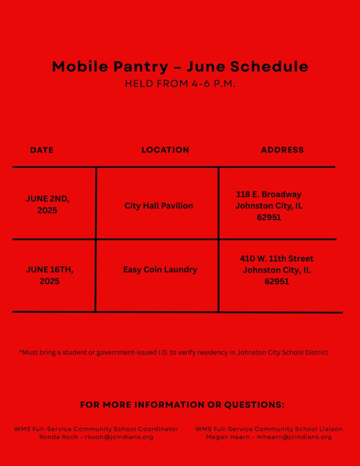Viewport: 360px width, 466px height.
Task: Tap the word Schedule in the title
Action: click(x=269, y=67)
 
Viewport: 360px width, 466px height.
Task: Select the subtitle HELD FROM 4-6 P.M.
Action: click(x=180, y=84)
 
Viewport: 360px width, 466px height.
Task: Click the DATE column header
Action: click(x=42, y=150)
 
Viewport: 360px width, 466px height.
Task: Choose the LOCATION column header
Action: click(x=165, y=150)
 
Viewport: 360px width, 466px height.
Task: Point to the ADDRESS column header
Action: click(x=282, y=150)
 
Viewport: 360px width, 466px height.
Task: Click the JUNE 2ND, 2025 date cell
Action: click(x=47, y=205)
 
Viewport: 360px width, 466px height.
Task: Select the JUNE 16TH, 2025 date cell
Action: click(x=50, y=275)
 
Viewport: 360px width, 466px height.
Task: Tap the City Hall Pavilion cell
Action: click(x=159, y=206)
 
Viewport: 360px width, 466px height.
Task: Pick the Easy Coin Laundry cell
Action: click(x=160, y=269)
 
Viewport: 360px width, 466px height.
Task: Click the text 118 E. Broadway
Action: click(x=269, y=194)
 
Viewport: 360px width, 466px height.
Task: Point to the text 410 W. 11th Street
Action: click(x=277, y=258)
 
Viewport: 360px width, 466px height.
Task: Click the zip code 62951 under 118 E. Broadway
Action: click(x=269, y=218)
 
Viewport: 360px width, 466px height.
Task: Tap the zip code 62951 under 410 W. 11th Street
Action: click(x=277, y=281)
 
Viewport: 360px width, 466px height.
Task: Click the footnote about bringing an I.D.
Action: click(x=173, y=352)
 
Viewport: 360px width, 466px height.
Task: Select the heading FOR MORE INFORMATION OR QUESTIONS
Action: click(x=182, y=405)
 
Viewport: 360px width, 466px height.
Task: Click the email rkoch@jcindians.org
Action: click(x=119, y=437)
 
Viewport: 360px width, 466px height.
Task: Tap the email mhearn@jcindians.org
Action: click(x=294, y=437)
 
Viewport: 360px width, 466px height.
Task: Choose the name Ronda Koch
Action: click(x=58, y=437)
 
